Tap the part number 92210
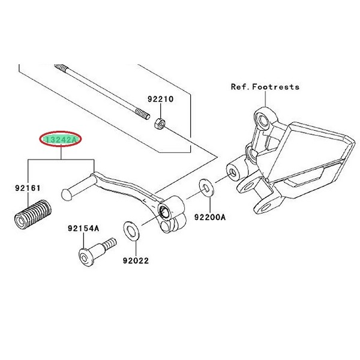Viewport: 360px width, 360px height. point(161,100)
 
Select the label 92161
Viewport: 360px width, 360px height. point(28,188)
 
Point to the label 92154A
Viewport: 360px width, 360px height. point(83,229)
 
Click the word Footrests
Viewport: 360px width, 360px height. point(277,87)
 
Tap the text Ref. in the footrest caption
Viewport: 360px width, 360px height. point(241,87)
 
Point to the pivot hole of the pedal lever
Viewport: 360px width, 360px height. point(163,212)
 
